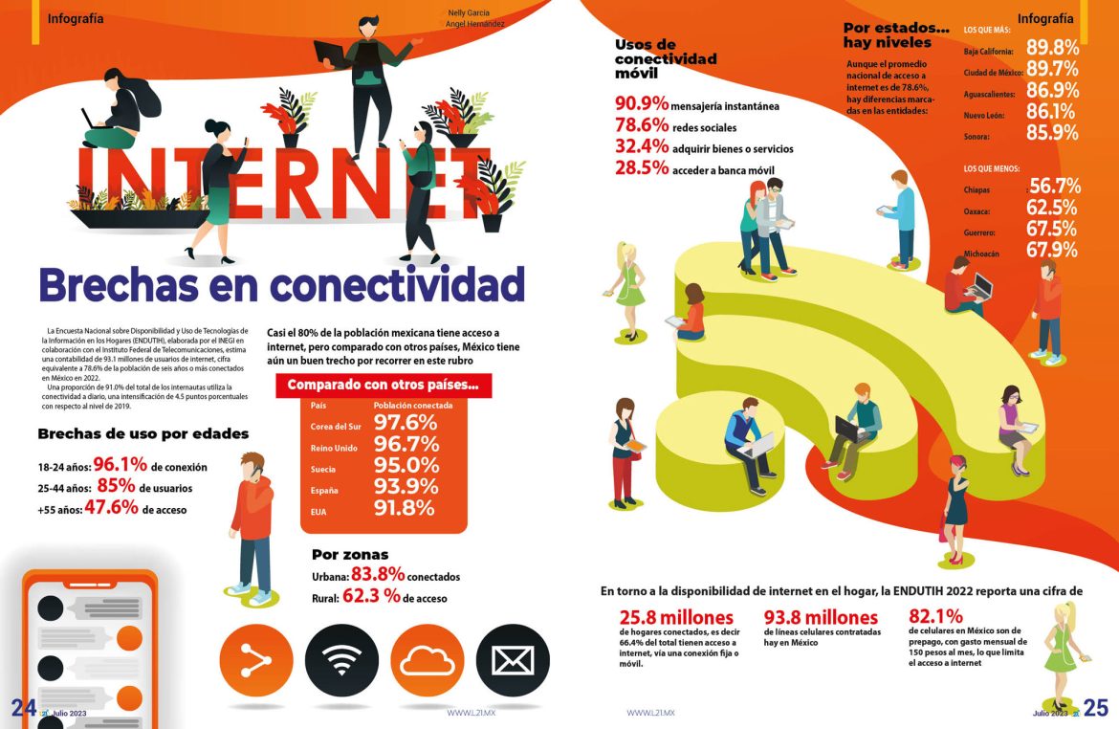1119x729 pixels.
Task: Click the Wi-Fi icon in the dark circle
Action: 341,660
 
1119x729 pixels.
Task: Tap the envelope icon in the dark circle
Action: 513,660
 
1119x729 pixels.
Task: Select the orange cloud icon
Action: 428,660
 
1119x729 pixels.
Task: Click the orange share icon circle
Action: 256,660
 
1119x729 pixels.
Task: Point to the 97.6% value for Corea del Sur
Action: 406,424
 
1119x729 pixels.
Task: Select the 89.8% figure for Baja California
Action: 1052,48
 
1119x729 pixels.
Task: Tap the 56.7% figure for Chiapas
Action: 1054,187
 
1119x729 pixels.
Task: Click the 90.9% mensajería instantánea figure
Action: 642,103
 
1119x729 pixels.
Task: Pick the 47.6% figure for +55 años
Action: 111,508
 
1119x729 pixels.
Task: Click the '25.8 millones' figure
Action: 676,617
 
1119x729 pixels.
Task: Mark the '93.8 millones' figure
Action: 821,617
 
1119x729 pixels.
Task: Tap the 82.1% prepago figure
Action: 935,616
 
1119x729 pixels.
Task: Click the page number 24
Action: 23,708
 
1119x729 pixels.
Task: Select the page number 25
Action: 1096,708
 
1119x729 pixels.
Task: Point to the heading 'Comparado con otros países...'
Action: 383,386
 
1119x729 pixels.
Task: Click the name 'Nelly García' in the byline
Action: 469,13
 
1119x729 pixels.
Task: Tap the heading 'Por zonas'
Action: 350,554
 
